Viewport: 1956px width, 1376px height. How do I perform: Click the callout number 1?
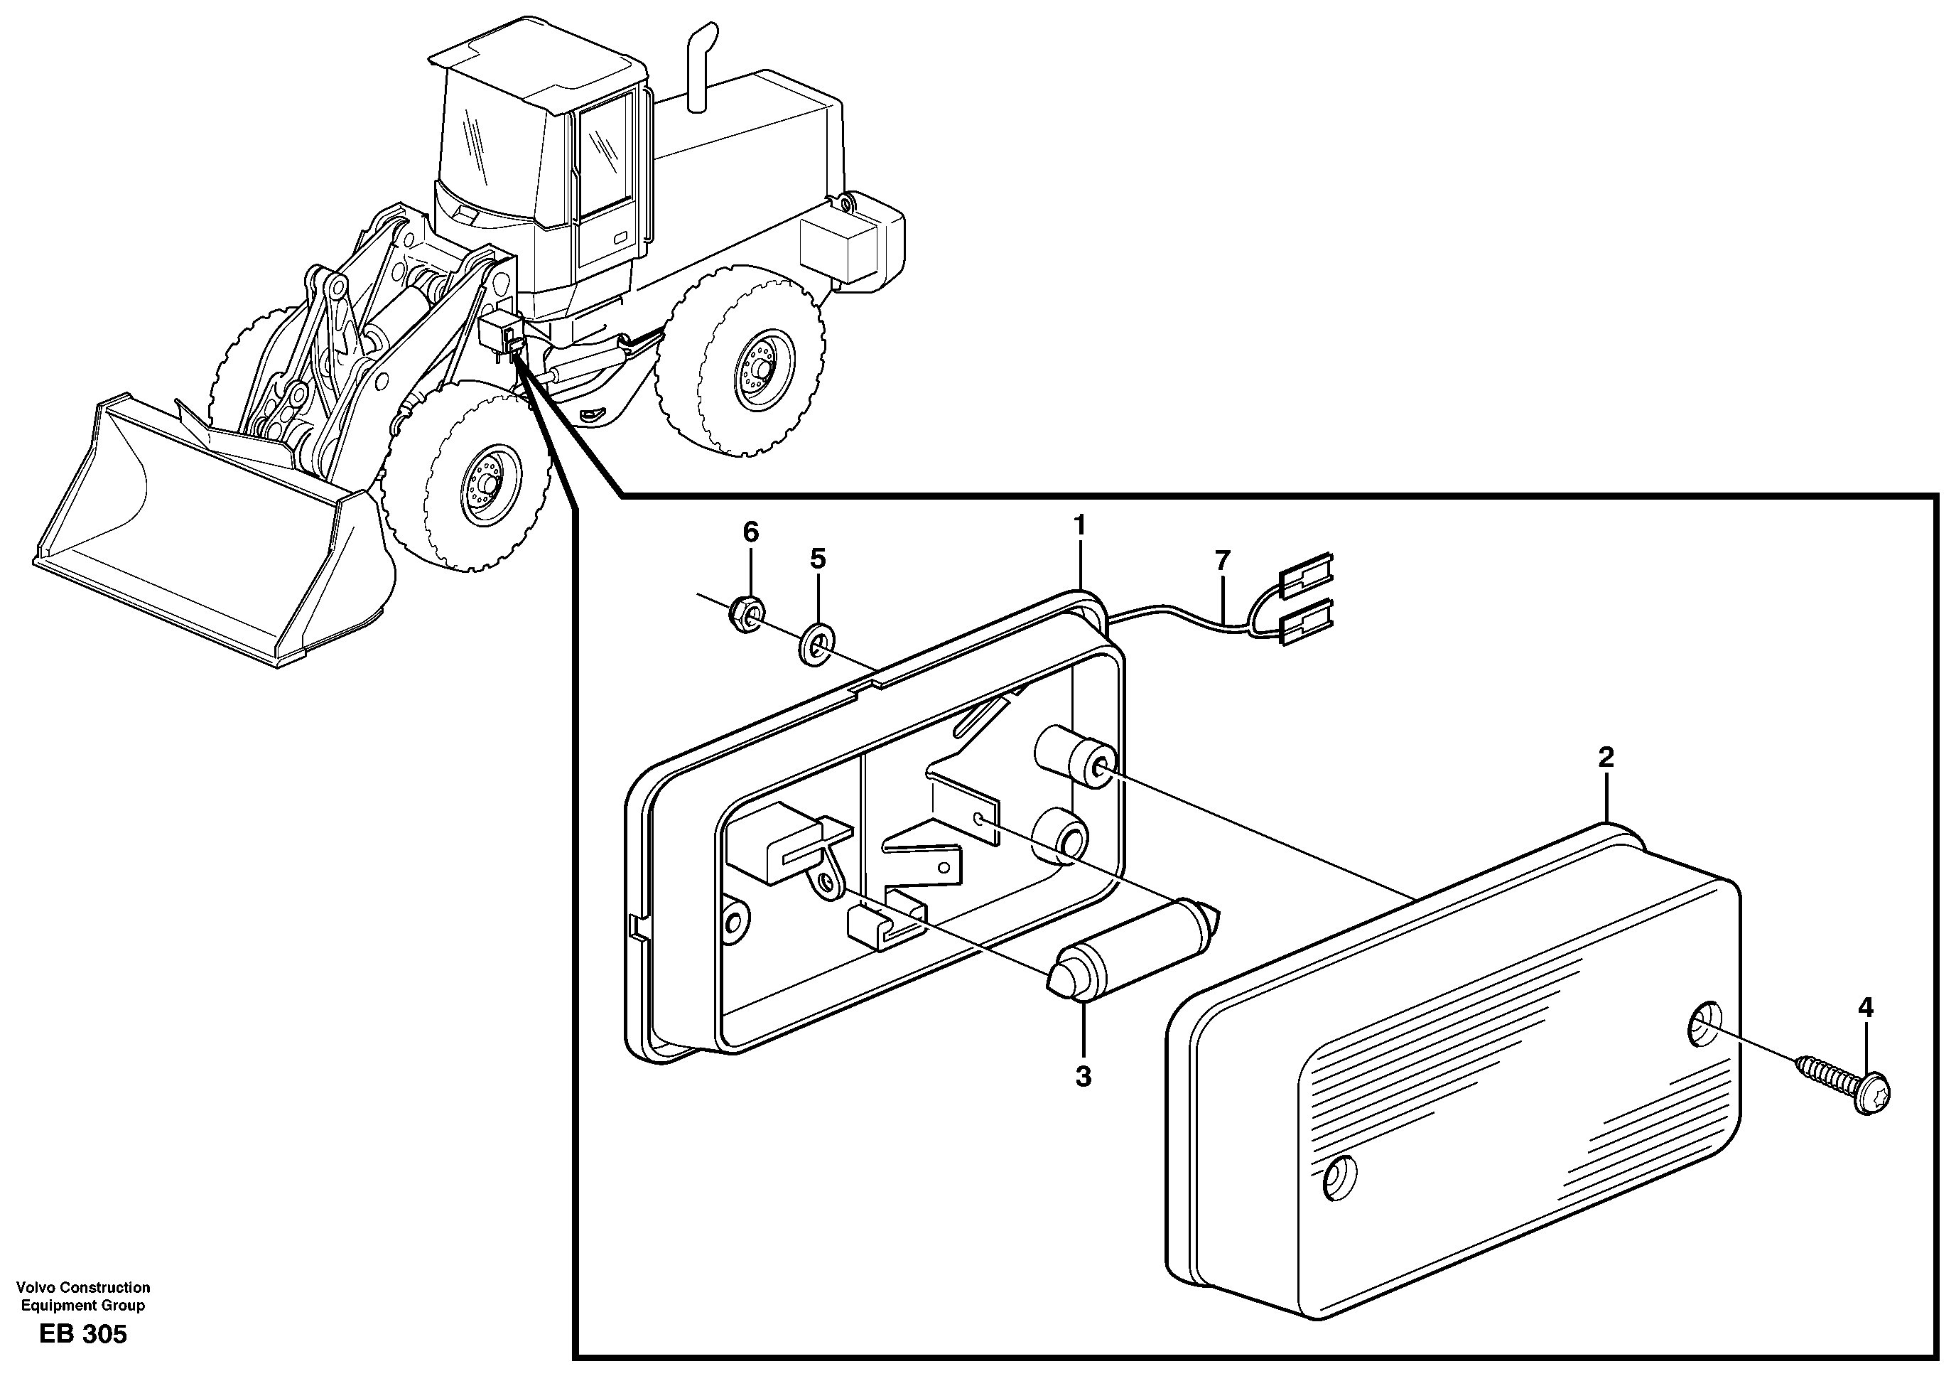tap(1079, 526)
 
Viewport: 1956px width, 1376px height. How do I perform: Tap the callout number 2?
tap(1606, 757)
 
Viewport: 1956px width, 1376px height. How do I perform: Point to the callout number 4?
tap(1866, 1008)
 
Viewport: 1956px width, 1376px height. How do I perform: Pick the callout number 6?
tap(750, 532)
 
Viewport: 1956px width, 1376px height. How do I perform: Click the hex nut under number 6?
tap(747, 613)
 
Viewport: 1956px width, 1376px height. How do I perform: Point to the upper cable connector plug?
tap(1304, 574)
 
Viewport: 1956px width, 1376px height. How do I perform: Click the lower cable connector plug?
tap(1304, 619)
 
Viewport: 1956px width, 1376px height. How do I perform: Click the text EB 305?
tap(82, 1334)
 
